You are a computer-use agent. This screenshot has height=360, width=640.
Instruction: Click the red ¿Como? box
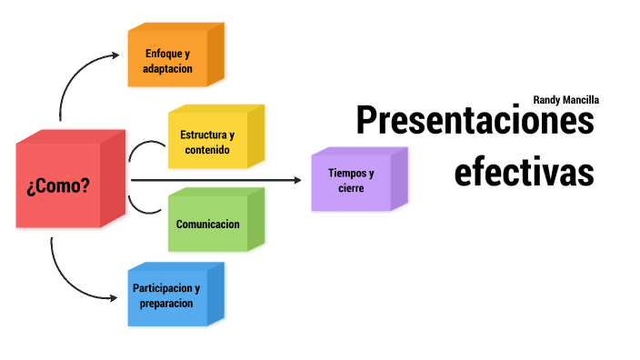tap(58, 186)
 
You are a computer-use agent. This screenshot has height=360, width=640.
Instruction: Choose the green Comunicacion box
tap(208, 224)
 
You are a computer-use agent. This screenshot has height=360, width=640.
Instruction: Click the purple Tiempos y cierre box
tap(351, 180)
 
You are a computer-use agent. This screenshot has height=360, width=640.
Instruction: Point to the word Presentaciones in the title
tap(475, 120)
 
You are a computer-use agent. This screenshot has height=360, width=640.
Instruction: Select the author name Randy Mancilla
tap(565, 100)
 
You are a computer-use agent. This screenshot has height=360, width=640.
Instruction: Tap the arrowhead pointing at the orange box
tap(115, 55)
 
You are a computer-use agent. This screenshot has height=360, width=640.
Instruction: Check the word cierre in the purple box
tap(350, 188)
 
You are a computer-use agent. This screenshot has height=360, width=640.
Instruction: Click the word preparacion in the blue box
tap(166, 304)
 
